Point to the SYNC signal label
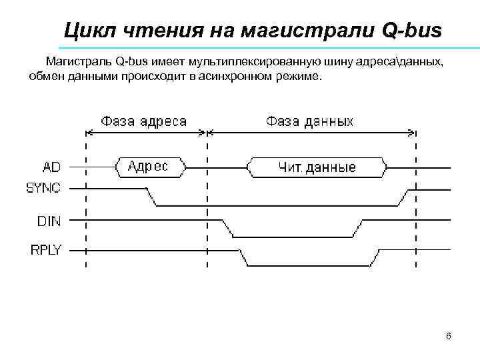(x=43, y=188)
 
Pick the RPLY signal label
(x=45, y=250)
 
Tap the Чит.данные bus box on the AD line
(x=317, y=167)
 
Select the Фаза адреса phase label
(x=143, y=122)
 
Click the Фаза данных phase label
(x=309, y=122)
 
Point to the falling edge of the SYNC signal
(x=151, y=197)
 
